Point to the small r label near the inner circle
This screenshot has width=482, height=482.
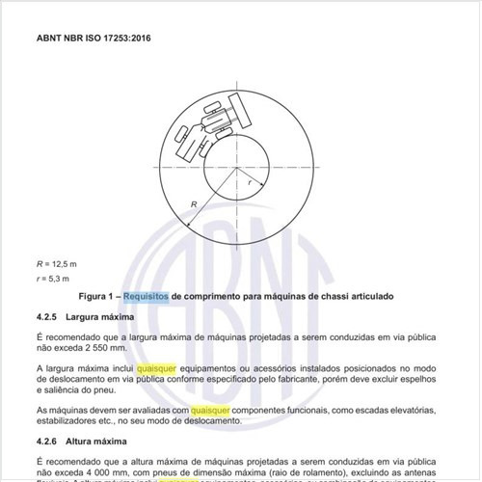pyautogui.click(x=249, y=181)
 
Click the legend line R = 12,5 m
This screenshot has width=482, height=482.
pyautogui.click(x=57, y=263)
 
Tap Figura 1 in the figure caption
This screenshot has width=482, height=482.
pyautogui.click(x=97, y=296)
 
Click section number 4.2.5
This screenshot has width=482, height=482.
pyautogui.click(x=49, y=316)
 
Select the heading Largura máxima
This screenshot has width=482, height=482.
pyautogui.click(x=108, y=316)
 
